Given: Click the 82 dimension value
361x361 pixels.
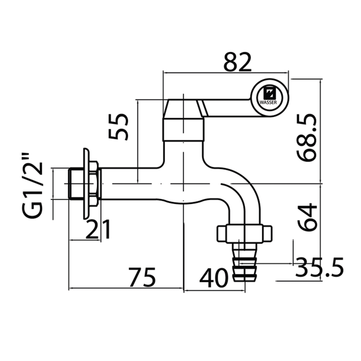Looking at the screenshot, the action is (237, 62).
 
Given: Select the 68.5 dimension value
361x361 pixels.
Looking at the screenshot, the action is (307, 138).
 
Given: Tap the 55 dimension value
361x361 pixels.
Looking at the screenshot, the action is (118, 127).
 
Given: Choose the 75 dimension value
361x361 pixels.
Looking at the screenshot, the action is (142, 277).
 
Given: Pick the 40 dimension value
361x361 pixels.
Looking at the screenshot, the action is (214, 278).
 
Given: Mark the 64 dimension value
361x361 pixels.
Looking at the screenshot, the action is (307, 217).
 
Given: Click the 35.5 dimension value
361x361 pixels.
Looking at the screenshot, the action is (319, 267).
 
